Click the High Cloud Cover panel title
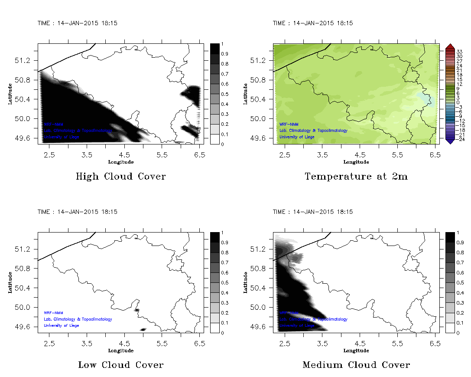pos(120,177)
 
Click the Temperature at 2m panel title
pos(356,177)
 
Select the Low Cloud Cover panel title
pos(120,365)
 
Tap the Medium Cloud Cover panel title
pos(356,365)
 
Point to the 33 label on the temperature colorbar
pos(460,51)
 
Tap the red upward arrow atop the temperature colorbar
pos(450,46)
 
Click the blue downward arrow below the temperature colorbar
pos(450,141)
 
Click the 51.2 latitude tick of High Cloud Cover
pos(23,60)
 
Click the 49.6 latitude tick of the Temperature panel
pos(259,138)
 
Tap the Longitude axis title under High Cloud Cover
pos(120,162)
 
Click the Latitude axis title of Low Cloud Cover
pos(10,282)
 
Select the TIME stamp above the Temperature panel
pos(312,23)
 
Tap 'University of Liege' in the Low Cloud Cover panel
pos(62,325)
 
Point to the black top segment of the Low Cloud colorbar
pos(215,237)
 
